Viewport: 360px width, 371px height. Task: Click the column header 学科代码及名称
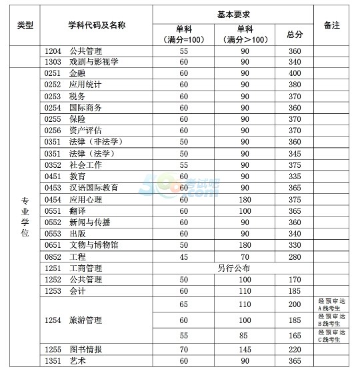coord(97,25)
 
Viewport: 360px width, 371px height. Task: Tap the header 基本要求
coord(233,14)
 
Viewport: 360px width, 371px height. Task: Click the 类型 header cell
coord(25,25)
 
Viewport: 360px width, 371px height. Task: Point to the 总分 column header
coord(294,34)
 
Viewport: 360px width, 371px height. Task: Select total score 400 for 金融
coord(294,73)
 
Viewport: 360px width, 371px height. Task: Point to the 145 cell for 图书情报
coord(245,349)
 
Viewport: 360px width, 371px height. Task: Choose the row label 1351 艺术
coord(65,361)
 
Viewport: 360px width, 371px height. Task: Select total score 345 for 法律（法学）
coord(294,153)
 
